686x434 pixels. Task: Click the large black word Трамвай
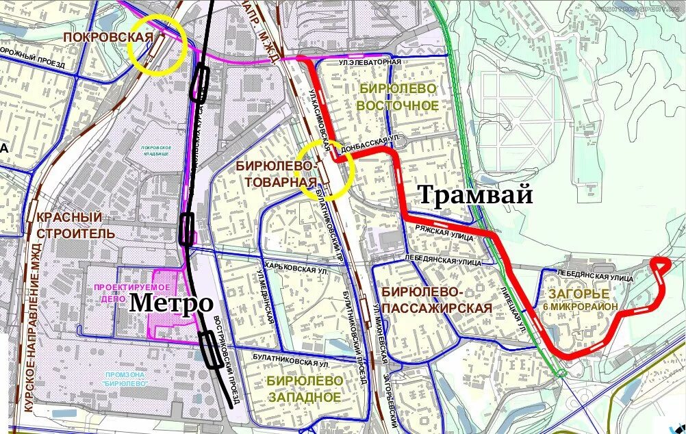474,195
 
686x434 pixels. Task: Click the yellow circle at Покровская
158,44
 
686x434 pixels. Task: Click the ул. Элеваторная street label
369,62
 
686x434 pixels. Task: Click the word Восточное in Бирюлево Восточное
397,105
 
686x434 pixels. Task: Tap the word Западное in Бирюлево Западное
305,397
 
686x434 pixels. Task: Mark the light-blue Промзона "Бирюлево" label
127,379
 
